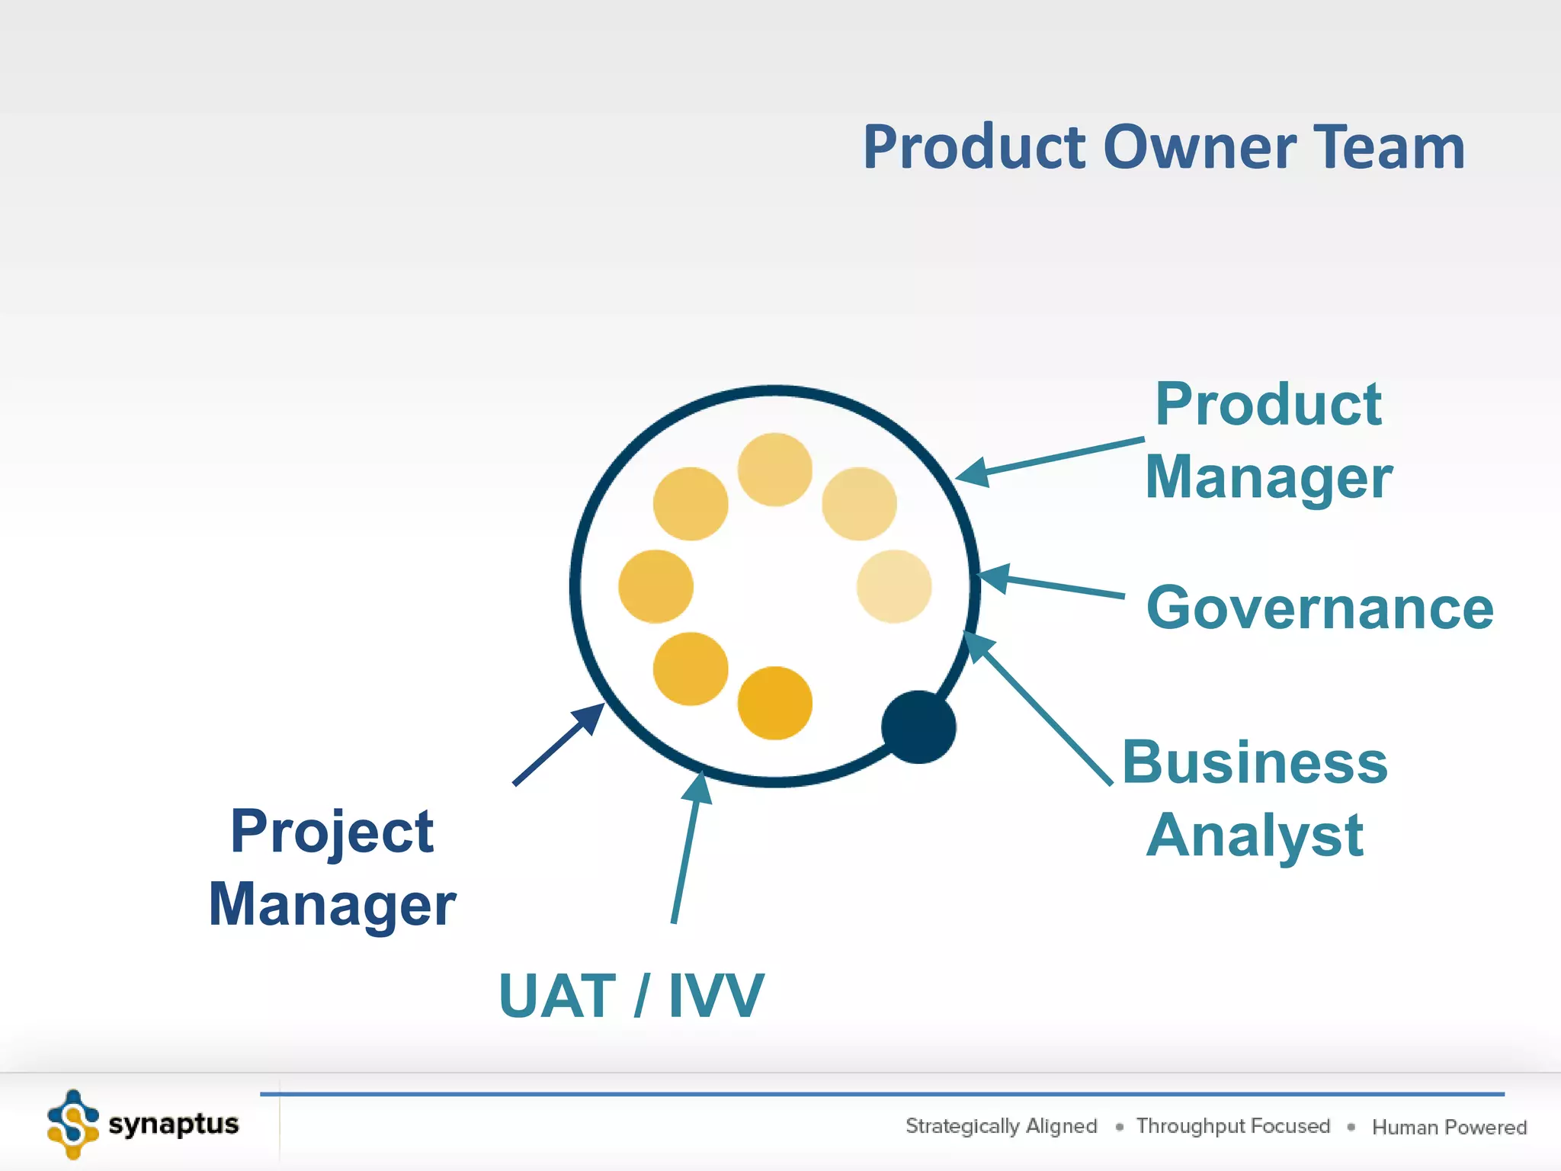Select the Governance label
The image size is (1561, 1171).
point(1319,608)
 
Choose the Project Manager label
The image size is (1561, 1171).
point(332,868)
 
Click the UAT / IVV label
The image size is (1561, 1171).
point(630,996)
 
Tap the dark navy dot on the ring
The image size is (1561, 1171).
point(918,727)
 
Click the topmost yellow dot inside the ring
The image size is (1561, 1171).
point(774,470)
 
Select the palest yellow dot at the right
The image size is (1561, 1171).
point(893,586)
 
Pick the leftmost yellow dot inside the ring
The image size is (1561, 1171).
point(655,586)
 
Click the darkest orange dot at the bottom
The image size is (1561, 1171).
point(774,703)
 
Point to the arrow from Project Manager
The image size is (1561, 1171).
point(557,745)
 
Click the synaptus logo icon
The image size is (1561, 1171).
point(72,1124)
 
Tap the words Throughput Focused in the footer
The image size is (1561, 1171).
point(1232,1126)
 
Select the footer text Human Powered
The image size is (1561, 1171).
point(1449,1127)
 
